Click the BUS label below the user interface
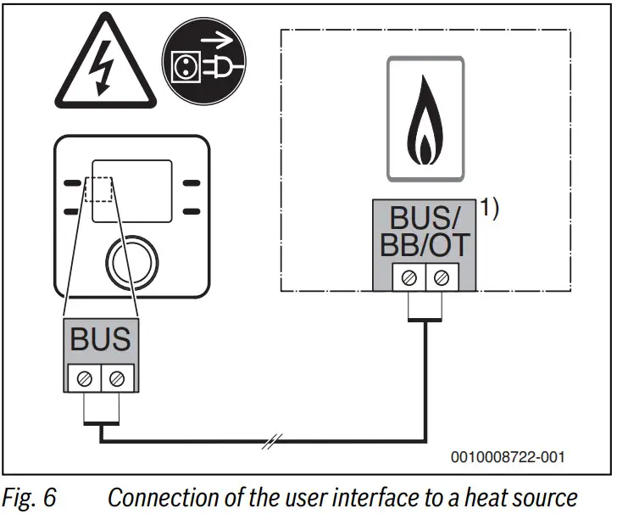tap(101, 339)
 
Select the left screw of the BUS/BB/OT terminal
tap(408, 276)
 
